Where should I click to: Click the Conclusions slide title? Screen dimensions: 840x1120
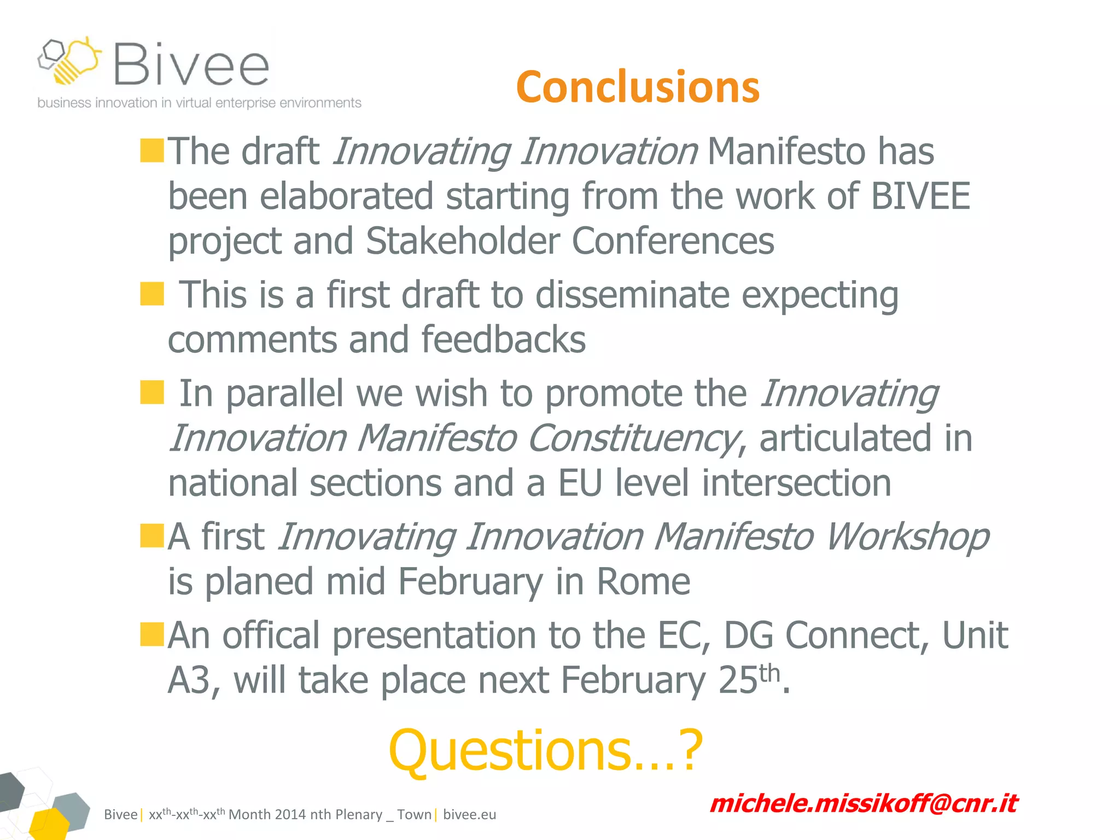click(x=638, y=87)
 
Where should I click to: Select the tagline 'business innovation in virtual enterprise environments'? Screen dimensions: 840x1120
click(x=199, y=103)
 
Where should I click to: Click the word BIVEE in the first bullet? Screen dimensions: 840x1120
click(x=920, y=196)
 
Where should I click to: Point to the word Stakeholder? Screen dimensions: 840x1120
click(x=463, y=241)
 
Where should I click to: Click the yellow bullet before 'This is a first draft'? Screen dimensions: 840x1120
click(x=152, y=294)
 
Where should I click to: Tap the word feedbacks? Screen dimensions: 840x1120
click(x=503, y=339)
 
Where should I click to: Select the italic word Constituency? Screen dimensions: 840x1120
click(x=632, y=438)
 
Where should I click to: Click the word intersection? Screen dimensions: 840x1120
click(x=796, y=483)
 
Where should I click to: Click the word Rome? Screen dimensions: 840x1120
click(x=643, y=581)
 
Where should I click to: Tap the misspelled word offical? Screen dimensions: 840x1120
click(x=271, y=635)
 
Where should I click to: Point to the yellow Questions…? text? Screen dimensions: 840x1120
click(x=545, y=750)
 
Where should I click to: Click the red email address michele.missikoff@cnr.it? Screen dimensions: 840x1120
click(x=863, y=803)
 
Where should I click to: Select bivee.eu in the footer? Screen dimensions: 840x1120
click(x=469, y=814)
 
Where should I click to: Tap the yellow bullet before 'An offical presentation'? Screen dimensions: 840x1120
click(x=152, y=634)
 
